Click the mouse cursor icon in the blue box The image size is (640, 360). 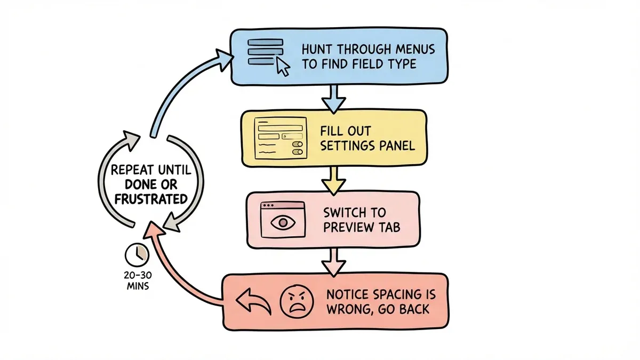coord(282,67)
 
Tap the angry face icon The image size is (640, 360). coord(295,302)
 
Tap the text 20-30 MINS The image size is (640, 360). coord(135,280)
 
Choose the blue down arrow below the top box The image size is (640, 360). coord(332,98)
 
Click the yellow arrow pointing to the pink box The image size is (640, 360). coord(333,180)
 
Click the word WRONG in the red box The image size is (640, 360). coord(346,309)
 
